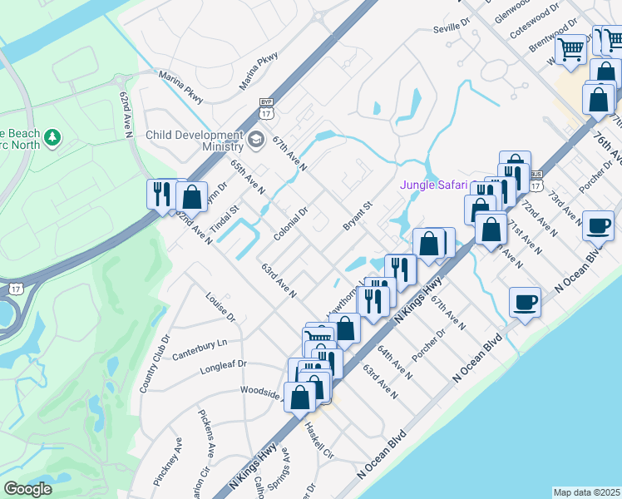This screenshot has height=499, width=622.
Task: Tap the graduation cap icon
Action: (x=255, y=138)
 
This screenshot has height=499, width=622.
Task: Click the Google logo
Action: (x=27, y=489)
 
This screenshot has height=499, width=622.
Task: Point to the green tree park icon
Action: (x=52, y=136)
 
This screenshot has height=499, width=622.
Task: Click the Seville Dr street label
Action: (x=452, y=29)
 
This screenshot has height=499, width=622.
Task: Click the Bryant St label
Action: (x=356, y=215)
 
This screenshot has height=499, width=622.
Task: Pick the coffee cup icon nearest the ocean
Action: (x=524, y=303)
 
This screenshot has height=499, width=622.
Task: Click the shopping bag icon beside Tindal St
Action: (x=192, y=197)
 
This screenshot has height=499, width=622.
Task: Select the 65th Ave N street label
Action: (x=249, y=176)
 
